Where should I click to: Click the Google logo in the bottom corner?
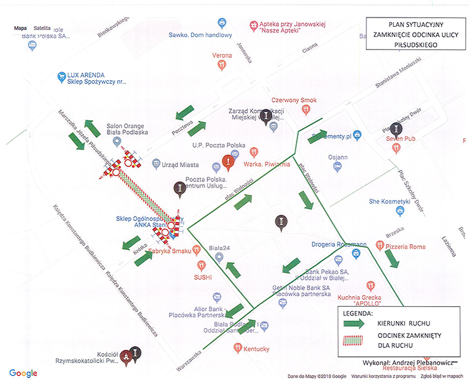coord(23,374)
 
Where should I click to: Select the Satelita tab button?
coord(42,29)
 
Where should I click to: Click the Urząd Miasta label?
coord(180,165)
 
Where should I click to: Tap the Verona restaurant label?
coord(222,56)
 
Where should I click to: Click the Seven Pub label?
coord(400,138)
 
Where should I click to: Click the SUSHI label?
coord(204,276)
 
